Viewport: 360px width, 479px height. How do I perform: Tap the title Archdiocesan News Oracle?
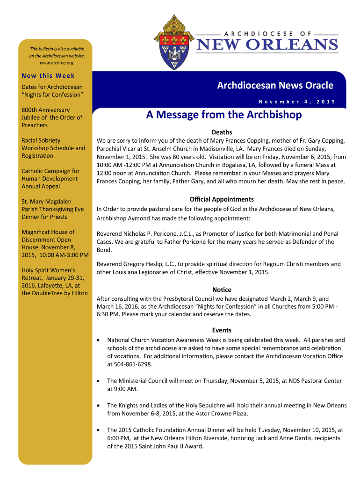tap(275, 85)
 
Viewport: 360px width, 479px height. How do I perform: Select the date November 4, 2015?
tap(296, 102)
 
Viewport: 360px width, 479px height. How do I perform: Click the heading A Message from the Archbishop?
tap(223, 115)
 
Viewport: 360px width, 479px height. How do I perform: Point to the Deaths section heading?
tap(222, 132)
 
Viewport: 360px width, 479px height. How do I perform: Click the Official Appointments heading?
tap(222, 199)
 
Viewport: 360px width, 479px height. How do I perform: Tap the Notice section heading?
tap(222, 290)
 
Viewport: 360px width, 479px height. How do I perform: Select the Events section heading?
tap(222, 330)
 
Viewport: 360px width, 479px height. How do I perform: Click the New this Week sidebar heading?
tap(48, 75)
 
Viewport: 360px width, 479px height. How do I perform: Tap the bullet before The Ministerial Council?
tap(97, 381)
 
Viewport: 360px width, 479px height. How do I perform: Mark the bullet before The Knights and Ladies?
tap(97, 406)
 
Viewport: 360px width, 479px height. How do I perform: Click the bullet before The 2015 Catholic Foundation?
tap(97, 430)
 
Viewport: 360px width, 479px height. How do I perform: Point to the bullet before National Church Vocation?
tap(97, 341)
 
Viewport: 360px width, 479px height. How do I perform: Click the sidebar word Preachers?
tap(35, 125)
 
